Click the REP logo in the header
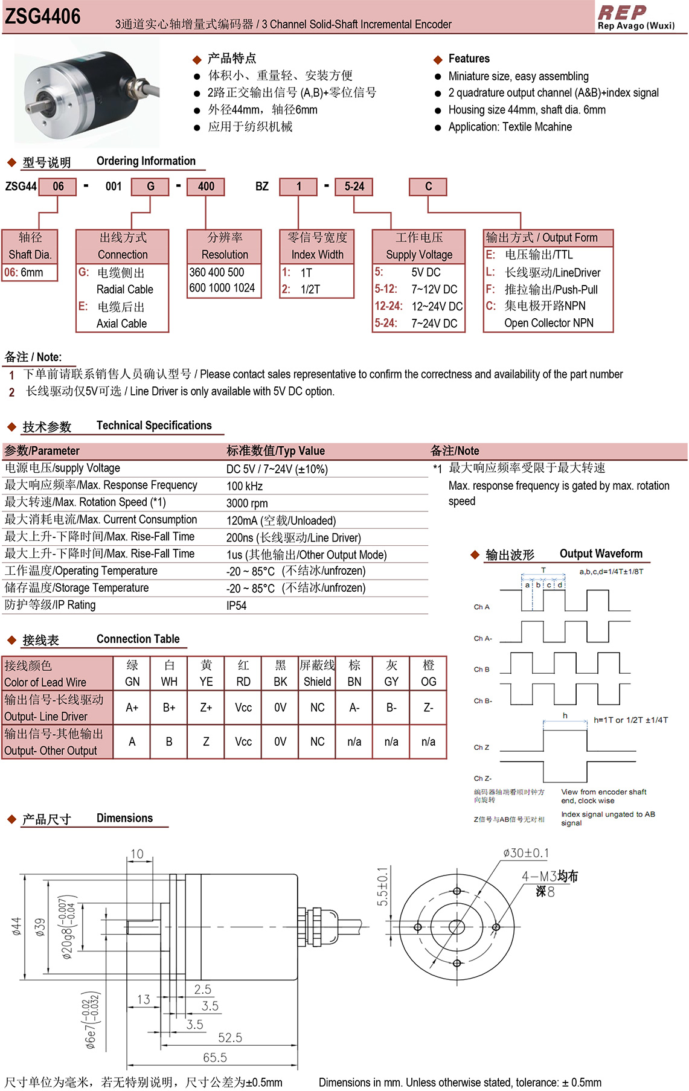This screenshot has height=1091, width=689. [622, 12]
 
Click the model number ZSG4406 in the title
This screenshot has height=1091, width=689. [43, 16]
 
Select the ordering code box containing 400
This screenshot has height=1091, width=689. [206, 187]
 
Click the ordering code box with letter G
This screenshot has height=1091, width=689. [150, 187]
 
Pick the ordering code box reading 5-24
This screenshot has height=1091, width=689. [354, 187]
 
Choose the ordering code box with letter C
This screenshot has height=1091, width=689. [428, 187]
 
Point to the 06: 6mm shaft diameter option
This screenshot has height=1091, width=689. [24, 272]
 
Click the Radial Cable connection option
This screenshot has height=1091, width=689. [124, 289]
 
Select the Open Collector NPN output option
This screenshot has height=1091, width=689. [548, 323]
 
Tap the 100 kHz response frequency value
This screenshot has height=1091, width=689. [245, 486]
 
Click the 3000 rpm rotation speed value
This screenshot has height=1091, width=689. [247, 503]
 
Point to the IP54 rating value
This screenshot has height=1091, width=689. [237, 606]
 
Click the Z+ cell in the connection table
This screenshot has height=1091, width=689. [206, 708]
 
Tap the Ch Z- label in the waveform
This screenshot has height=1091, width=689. [482, 778]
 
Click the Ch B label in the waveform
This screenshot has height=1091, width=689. [481, 670]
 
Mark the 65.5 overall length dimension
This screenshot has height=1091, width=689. [215, 1057]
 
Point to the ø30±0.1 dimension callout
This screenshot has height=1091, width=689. [526, 853]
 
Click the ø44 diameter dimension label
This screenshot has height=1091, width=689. [16, 926]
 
